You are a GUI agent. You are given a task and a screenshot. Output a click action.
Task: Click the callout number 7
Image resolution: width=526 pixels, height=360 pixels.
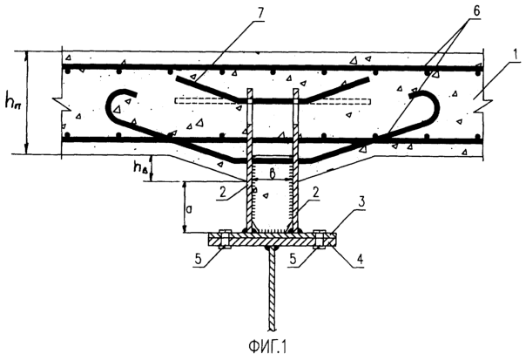(260, 12)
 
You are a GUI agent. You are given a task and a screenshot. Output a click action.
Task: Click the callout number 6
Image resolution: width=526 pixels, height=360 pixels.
(476, 11)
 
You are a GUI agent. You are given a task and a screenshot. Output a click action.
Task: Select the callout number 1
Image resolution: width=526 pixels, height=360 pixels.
(516, 54)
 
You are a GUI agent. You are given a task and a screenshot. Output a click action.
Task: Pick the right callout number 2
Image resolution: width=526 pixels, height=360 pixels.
(315, 194)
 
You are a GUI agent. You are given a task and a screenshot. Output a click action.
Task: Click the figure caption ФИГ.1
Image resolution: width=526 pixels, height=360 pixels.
(267, 347)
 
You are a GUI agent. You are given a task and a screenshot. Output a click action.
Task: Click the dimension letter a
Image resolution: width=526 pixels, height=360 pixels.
(189, 209)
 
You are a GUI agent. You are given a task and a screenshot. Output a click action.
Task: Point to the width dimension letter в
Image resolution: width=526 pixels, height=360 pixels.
(273, 173)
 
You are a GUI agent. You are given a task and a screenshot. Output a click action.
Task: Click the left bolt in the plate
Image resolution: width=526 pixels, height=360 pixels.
(224, 239)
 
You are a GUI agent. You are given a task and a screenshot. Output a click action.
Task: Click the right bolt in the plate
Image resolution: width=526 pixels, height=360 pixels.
(319, 239)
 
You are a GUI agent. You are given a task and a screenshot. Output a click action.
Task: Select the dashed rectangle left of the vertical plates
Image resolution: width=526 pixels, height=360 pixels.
(207, 101)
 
